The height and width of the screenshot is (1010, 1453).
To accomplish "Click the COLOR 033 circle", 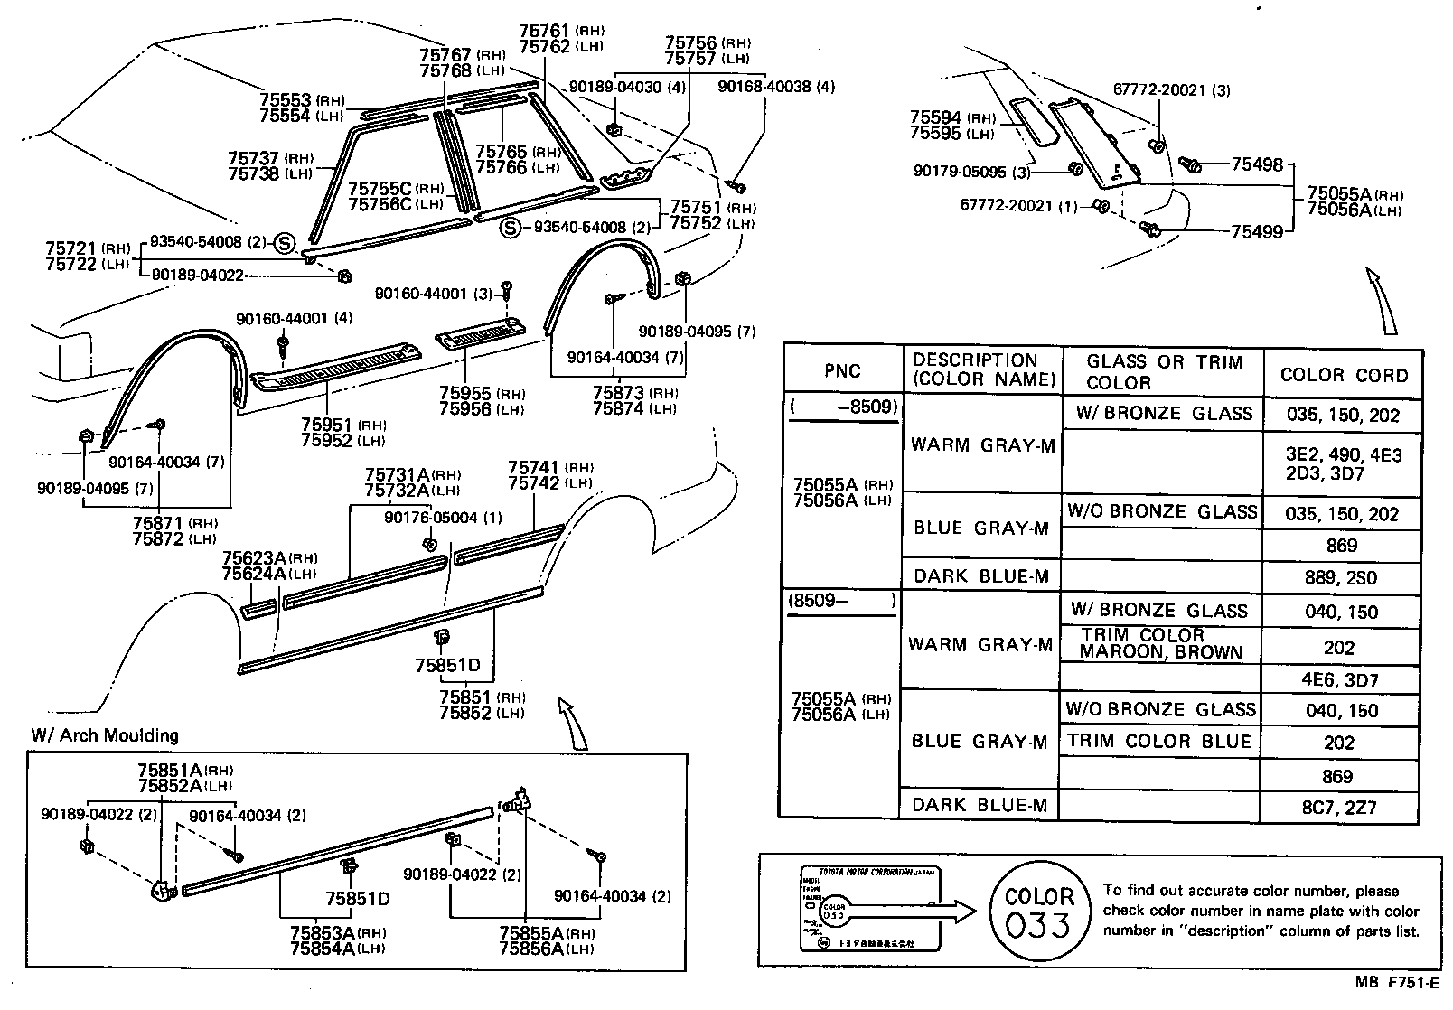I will [x=1039, y=912].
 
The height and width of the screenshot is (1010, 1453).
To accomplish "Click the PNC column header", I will [x=842, y=370].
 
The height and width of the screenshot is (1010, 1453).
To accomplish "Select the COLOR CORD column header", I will [x=1344, y=375].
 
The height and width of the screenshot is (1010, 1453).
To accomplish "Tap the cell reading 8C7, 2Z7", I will [x=1343, y=807].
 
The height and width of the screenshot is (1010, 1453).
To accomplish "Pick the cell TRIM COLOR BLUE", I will [x=1159, y=742].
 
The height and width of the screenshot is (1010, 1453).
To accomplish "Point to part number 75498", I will [x=1257, y=164].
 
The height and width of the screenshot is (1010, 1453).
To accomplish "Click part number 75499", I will [x=1257, y=232].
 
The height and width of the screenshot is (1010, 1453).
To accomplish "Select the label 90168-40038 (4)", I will [x=775, y=87].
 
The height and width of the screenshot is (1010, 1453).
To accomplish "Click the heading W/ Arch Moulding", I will [x=105, y=735].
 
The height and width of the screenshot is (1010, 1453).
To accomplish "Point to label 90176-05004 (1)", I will [x=443, y=518].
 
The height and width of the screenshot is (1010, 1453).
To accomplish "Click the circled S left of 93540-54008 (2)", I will [x=510, y=228].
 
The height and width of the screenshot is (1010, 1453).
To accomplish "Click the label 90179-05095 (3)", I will [x=970, y=172].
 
